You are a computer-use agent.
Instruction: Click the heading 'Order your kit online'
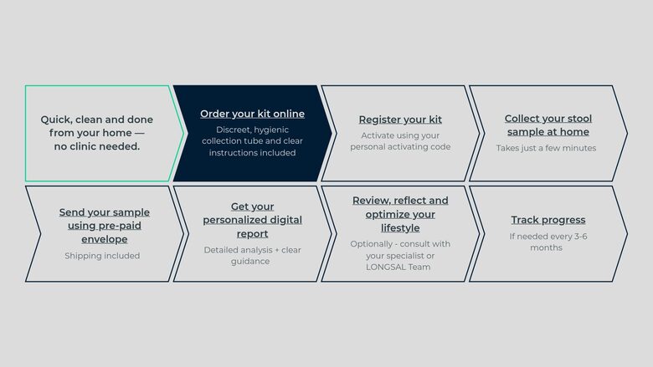click(x=252, y=114)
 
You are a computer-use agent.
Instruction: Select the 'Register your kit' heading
click(x=400, y=120)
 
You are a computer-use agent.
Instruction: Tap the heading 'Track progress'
click(x=548, y=220)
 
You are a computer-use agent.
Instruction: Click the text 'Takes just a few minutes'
click(x=546, y=148)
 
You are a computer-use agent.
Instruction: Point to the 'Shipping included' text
click(x=102, y=256)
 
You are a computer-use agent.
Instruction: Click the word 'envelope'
click(x=105, y=239)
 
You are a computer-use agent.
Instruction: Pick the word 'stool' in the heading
click(x=578, y=119)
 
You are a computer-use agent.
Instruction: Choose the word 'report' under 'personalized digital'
click(x=252, y=234)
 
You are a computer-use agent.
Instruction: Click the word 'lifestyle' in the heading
click(x=400, y=228)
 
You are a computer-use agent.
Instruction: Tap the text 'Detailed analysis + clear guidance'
click(x=252, y=256)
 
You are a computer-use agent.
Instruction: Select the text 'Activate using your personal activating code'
click(x=400, y=141)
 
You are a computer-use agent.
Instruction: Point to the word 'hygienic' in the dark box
click(x=271, y=130)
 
